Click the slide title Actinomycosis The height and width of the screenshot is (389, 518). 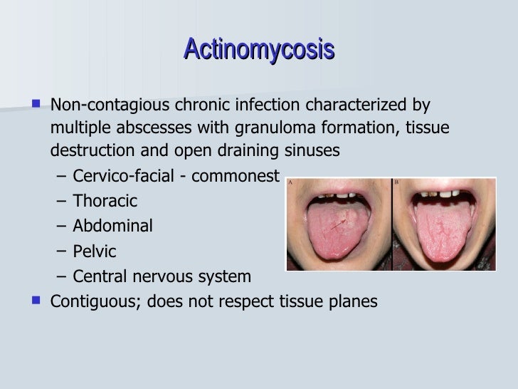[x=259, y=51]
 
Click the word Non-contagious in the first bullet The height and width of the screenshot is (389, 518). [x=95, y=107]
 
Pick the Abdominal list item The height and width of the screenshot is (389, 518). [x=112, y=227]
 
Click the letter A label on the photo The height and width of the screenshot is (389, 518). [x=290, y=183]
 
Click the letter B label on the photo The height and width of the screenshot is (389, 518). [x=396, y=183]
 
